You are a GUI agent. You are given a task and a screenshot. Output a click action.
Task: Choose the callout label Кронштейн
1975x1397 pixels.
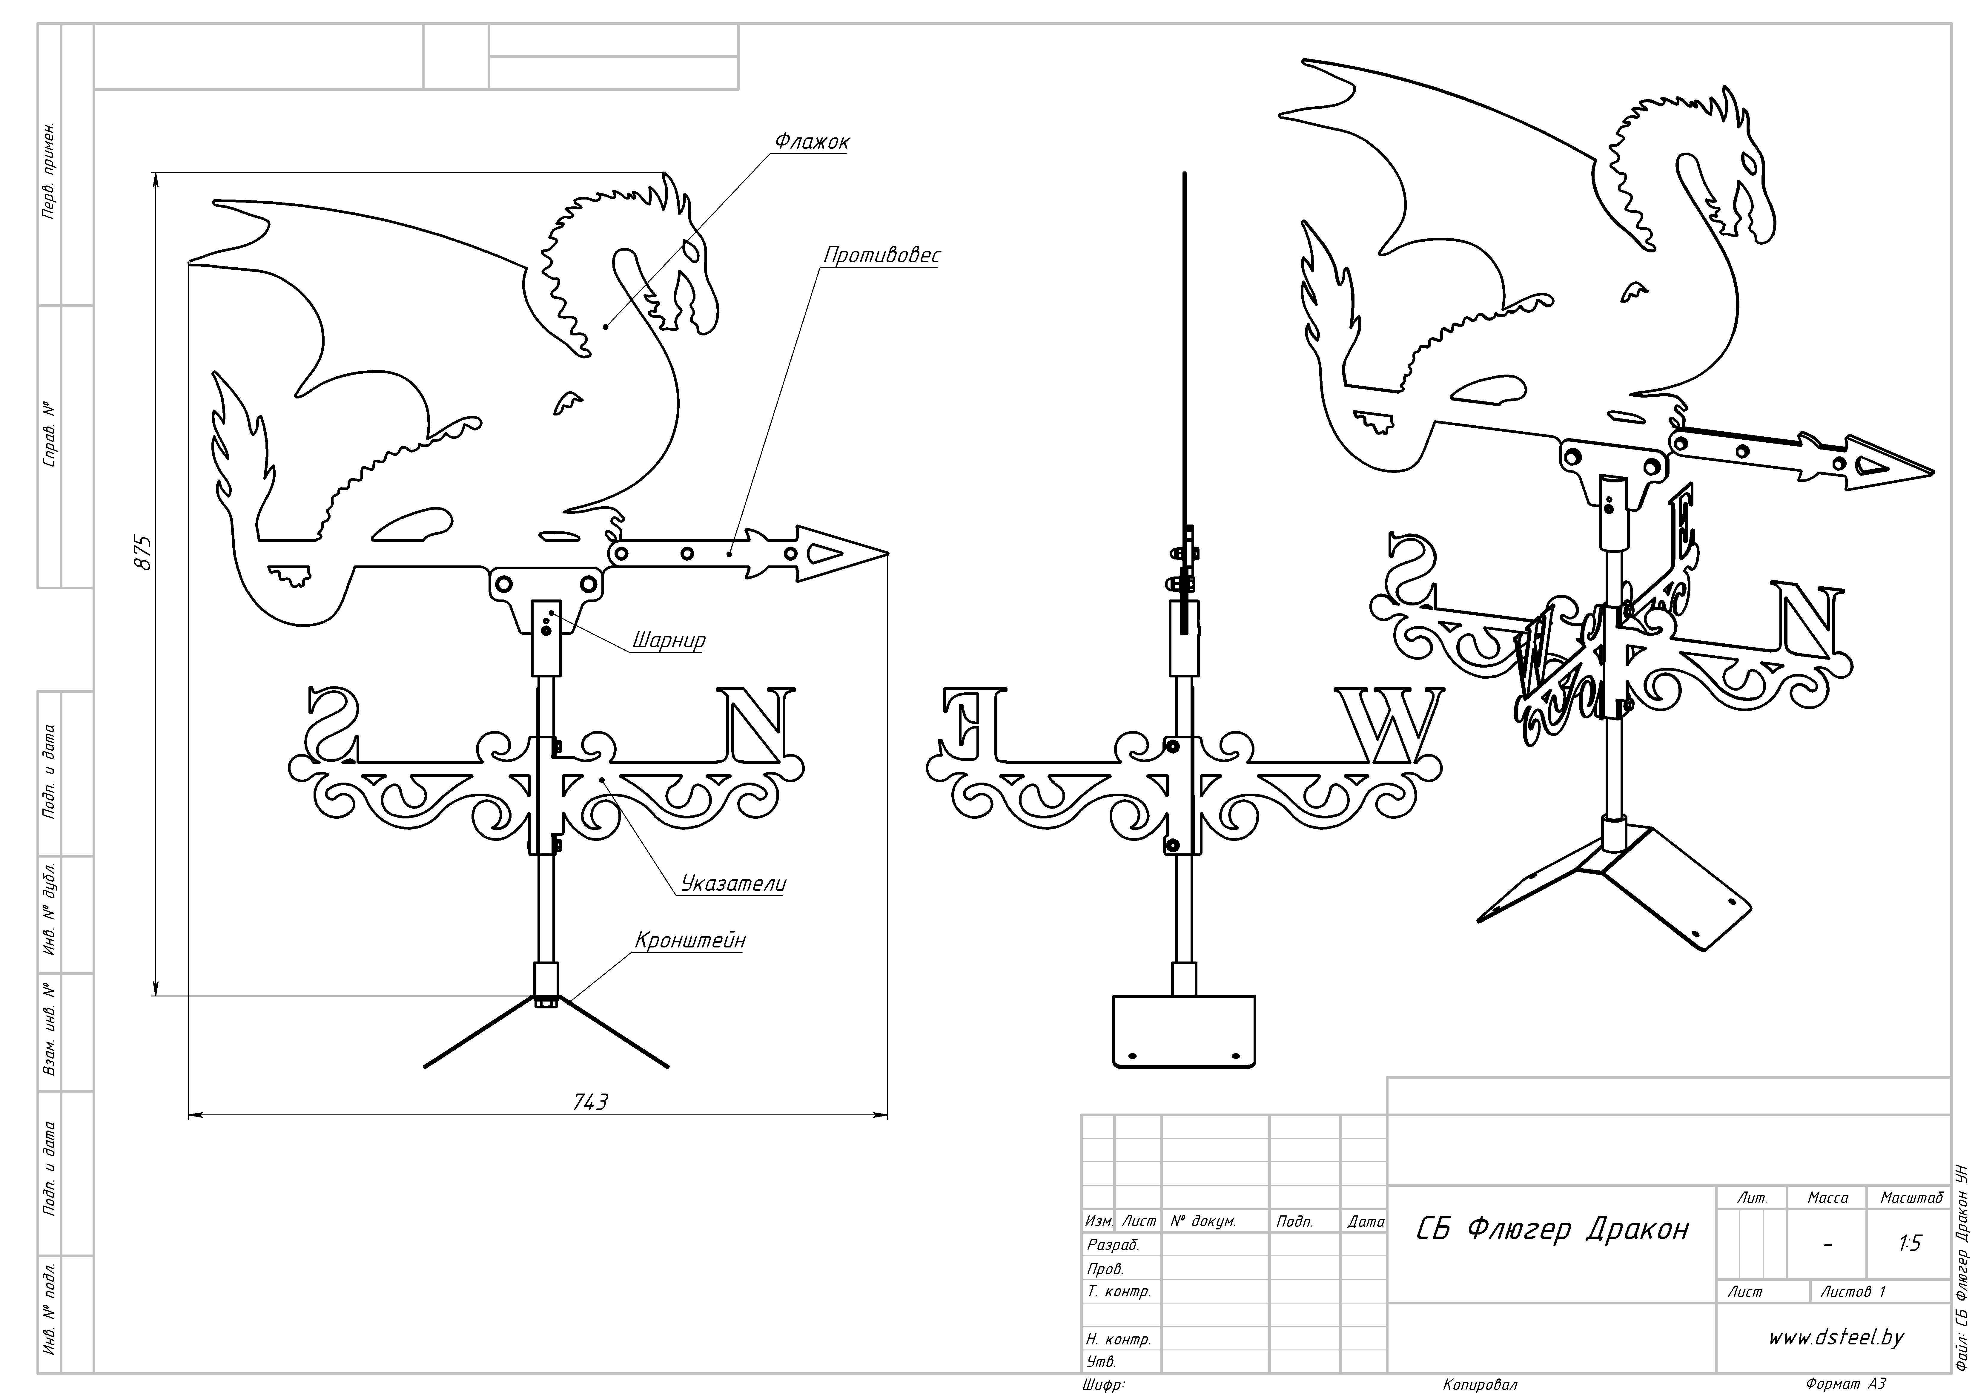pos(690,940)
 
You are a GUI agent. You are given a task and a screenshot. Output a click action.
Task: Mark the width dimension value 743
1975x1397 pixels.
pos(590,1102)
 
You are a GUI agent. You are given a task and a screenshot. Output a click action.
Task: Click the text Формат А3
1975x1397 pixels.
pos(1845,1384)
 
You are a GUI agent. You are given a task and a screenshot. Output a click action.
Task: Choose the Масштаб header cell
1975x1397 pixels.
pos(1911,1197)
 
